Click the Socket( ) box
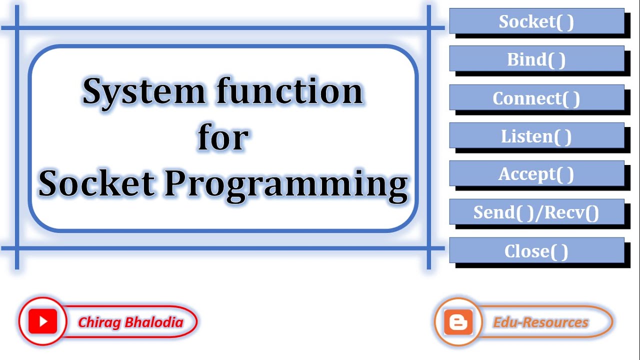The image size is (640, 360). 536,21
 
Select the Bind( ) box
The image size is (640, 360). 536,59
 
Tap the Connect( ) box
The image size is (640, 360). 536,98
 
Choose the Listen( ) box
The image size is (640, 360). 536,136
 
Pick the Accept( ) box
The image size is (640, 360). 536,174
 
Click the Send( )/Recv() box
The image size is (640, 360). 536,212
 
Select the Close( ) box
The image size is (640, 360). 536,250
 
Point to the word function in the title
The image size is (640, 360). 289,91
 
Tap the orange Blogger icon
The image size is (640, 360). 458,322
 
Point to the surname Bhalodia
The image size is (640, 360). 154,322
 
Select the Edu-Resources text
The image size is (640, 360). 540,322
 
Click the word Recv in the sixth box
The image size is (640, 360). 565,212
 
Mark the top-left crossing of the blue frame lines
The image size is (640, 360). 17,27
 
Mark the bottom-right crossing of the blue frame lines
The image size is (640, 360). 429,248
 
